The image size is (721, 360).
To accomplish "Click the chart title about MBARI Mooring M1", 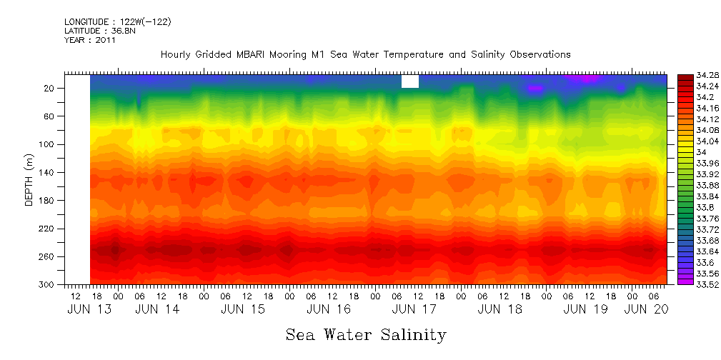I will (x=365, y=54).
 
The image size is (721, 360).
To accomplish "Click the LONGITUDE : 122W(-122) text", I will (x=117, y=22).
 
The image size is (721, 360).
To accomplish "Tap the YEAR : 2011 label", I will (x=89, y=41).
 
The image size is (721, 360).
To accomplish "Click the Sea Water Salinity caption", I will (x=366, y=335).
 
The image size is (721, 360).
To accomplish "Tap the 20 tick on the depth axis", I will (x=50, y=89).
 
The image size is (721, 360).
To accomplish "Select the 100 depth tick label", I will (x=48, y=144).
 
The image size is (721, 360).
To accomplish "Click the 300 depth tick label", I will (x=48, y=285).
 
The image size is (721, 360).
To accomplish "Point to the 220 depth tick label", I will (x=48, y=229).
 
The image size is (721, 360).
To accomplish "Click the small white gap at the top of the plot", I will (x=410, y=81).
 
